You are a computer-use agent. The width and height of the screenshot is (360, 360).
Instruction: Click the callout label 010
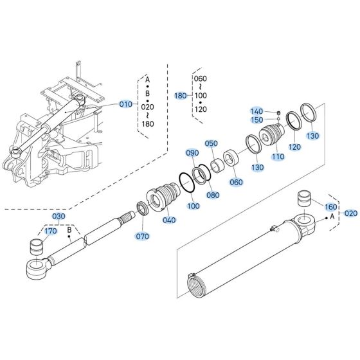(125, 104)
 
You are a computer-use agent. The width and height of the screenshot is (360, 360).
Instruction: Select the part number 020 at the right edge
(350, 213)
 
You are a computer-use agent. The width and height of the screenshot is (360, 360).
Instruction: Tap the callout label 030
(59, 216)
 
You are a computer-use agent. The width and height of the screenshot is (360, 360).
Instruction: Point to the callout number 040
(169, 220)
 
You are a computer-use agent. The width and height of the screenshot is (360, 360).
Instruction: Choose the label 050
(212, 143)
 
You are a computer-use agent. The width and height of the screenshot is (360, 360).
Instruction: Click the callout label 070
(142, 236)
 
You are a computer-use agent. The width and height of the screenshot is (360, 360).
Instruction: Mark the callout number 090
(192, 154)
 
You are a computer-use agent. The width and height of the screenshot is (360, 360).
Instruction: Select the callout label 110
(278, 156)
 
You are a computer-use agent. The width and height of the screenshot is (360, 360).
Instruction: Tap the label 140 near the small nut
(256, 111)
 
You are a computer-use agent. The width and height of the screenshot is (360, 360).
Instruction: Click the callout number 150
(256, 120)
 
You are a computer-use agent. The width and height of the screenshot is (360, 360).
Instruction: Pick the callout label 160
(330, 207)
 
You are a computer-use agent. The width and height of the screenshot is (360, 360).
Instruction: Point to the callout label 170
(50, 231)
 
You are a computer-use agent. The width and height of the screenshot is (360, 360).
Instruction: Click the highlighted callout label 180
(181, 95)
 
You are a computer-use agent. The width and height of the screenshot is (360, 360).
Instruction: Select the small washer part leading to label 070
(139, 209)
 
